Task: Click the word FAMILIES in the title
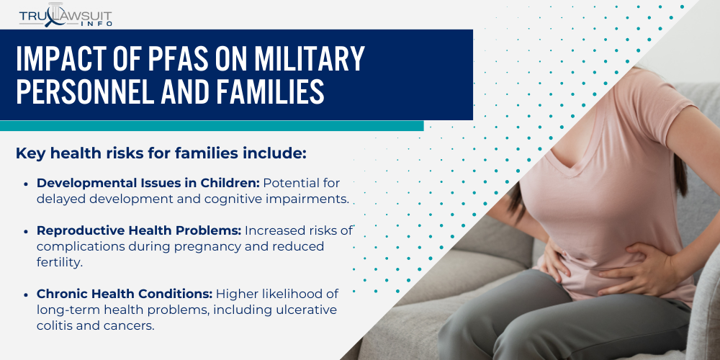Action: pyautogui.click(x=264, y=92)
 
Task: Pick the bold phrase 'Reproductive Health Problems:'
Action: pyautogui.click(x=139, y=230)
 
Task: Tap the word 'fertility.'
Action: pyautogui.click(x=60, y=262)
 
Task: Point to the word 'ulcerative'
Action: pyautogui.click(x=310, y=310)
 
